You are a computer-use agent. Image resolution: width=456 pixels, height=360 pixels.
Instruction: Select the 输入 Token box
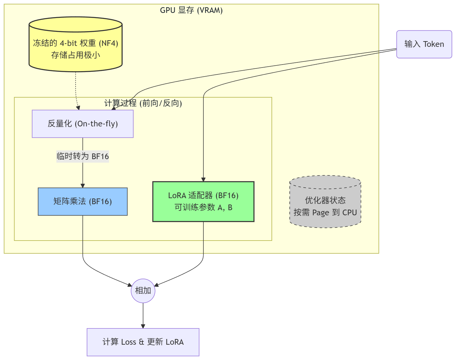click(x=424, y=44)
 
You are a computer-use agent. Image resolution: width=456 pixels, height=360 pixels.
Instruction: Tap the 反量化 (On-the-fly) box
click(x=82, y=124)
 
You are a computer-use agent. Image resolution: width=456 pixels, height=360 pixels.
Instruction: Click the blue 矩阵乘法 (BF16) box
click(x=82, y=201)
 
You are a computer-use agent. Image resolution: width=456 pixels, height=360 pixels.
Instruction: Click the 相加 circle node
click(x=143, y=291)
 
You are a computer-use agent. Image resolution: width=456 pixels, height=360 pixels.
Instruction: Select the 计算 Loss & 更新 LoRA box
click(x=143, y=342)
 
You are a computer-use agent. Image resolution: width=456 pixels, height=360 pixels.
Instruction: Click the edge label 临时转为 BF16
click(x=82, y=156)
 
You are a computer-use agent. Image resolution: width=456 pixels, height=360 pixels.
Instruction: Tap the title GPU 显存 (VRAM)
click(x=191, y=10)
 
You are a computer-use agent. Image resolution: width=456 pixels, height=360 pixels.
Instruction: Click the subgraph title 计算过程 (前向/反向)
click(x=143, y=103)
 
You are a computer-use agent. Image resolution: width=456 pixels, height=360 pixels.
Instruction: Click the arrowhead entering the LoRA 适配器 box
click(x=203, y=180)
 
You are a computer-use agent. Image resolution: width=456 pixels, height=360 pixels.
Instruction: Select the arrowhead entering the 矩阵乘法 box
click(x=82, y=186)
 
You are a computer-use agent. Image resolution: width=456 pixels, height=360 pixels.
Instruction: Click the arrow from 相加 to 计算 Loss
click(x=143, y=315)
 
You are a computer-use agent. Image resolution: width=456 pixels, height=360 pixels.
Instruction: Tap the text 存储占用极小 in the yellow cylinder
click(x=75, y=55)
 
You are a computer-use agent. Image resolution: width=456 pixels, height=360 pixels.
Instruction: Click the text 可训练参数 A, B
click(x=203, y=207)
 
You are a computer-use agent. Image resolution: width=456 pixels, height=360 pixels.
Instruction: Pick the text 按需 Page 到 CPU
click(x=325, y=213)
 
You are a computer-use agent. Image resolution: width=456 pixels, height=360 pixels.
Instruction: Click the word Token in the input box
click(x=433, y=44)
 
